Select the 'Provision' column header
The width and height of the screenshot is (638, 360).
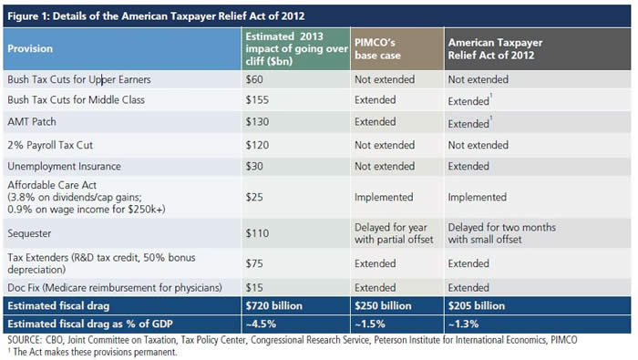[x=30, y=48]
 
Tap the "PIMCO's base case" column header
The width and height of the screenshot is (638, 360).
[x=377, y=49]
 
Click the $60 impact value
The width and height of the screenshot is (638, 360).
[x=254, y=79]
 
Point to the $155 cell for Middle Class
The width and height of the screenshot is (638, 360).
[x=257, y=100]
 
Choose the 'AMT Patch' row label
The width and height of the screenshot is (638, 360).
[x=32, y=121]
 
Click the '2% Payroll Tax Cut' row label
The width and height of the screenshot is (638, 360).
[x=50, y=145]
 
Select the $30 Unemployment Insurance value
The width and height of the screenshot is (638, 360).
[x=254, y=167]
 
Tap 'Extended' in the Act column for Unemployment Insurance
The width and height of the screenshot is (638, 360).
[x=468, y=167]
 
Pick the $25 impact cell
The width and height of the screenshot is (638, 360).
[x=254, y=197]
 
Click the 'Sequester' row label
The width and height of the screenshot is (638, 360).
[x=29, y=233]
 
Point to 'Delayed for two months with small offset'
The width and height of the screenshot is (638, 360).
[x=501, y=233]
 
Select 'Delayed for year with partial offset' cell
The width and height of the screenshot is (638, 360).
[x=394, y=233]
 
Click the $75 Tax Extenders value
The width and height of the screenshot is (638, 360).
[x=254, y=263]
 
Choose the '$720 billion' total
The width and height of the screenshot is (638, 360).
[x=273, y=306]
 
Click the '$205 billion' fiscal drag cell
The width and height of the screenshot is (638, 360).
[x=477, y=306]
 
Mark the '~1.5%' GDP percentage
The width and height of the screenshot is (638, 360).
[x=369, y=324]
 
